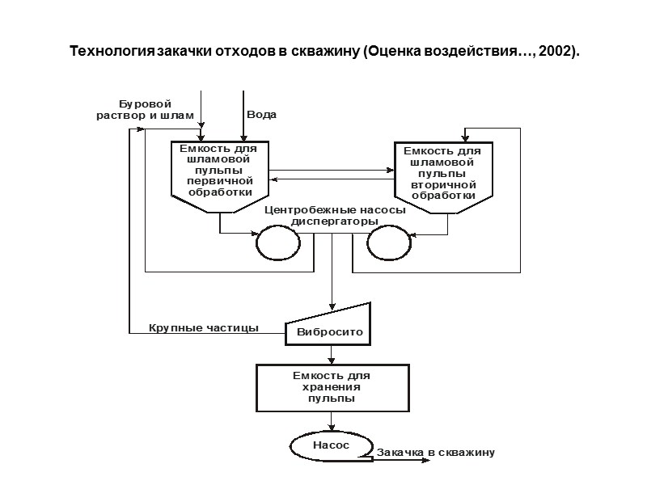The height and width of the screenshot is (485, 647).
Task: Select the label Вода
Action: pyautogui.click(x=261, y=115)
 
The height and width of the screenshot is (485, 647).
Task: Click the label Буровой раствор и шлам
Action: pyautogui.click(x=146, y=110)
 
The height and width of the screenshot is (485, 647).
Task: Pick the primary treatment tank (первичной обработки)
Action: pyautogui.click(x=219, y=175)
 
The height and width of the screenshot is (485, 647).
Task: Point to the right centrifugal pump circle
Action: pyautogui.click(x=385, y=241)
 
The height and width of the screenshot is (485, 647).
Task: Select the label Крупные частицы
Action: pyautogui.click(x=204, y=328)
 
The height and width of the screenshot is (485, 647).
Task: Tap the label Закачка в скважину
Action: pyautogui.click(x=435, y=453)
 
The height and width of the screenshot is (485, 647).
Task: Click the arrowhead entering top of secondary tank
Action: pyautogui.click(x=465, y=138)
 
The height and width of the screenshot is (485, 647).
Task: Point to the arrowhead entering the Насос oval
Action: pyautogui.click(x=332, y=428)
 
